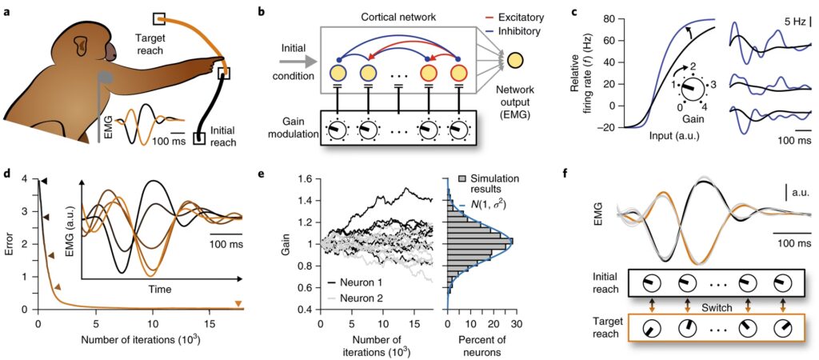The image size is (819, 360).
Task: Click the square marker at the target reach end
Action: [x=159, y=17]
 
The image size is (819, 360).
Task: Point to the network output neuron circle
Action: [x=517, y=61]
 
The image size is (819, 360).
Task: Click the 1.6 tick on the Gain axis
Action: [x=305, y=179]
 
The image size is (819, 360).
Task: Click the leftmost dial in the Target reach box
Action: [x=650, y=330]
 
